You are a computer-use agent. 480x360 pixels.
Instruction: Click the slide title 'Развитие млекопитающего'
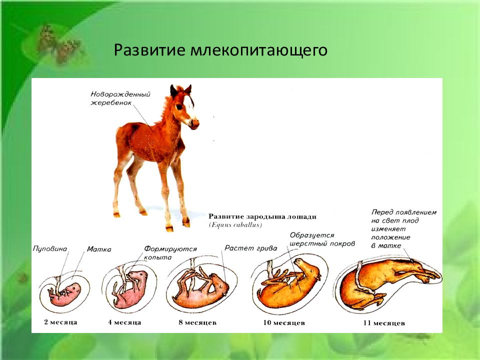[220, 50]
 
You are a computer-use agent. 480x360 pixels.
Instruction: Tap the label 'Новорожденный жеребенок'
[120, 98]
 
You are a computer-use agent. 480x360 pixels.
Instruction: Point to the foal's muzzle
[193, 123]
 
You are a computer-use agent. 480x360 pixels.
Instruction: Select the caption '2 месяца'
[60, 322]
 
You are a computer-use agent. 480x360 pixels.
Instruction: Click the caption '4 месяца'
[124, 322]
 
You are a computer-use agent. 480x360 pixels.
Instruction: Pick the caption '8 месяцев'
[197, 322]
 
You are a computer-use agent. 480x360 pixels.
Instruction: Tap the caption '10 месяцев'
[284, 322]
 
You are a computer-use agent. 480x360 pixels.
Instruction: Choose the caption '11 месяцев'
[384, 323]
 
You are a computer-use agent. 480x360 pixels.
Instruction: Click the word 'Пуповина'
[50, 248]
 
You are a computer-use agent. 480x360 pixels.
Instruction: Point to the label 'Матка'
[99, 249]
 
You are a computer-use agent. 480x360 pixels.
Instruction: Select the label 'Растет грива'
[250, 248]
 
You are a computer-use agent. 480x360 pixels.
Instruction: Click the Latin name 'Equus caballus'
[235, 225]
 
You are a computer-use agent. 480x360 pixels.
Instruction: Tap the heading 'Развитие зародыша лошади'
[262, 216]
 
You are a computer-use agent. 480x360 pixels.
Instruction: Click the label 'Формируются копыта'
[170, 253]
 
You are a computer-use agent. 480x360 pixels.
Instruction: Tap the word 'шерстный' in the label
[306, 243]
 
